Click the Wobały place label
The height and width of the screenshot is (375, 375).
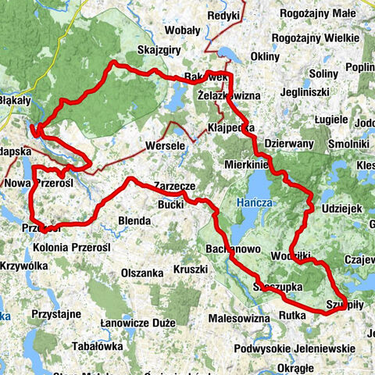(x=182, y=30)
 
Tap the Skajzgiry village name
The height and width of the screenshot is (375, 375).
(x=160, y=50)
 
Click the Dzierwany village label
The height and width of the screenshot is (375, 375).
(x=289, y=145)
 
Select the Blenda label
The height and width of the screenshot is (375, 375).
(x=133, y=222)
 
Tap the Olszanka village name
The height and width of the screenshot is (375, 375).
(x=142, y=273)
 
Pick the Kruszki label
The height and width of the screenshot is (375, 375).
(x=191, y=270)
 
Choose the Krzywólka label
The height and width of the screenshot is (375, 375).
(x=27, y=266)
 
